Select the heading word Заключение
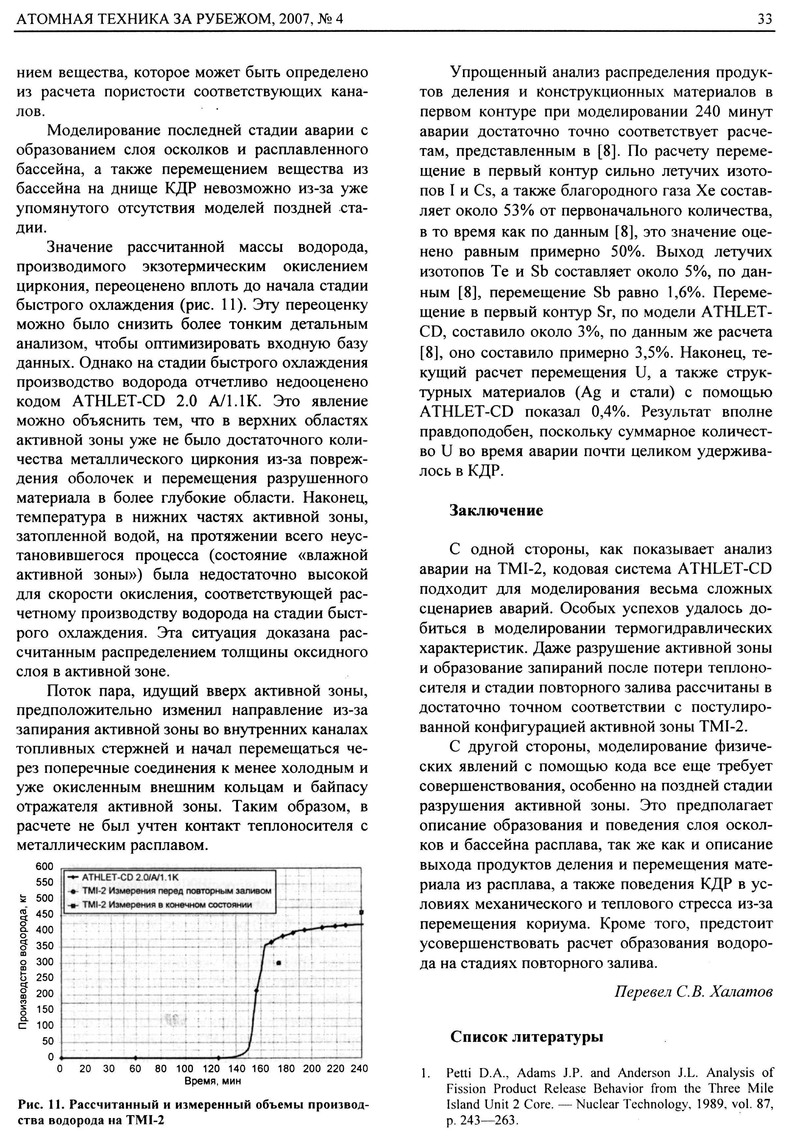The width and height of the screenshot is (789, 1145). pyautogui.click(x=496, y=510)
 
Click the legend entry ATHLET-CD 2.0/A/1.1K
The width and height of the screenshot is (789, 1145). pyautogui.click(x=130, y=877)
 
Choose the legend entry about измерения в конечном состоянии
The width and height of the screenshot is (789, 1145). pyautogui.click(x=167, y=905)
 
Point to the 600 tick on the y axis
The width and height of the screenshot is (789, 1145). pyautogui.click(x=44, y=866)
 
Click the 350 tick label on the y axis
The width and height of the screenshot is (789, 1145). pyautogui.click(x=44, y=946)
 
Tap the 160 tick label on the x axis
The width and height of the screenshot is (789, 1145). pyautogui.click(x=260, y=1069)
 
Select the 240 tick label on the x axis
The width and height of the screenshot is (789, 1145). pyautogui.click(x=359, y=1069)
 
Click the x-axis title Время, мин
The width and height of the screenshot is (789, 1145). pyautogui.click(x=213, y=1081)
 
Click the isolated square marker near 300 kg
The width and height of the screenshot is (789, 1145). pyautogui.click(x=279, y=962)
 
